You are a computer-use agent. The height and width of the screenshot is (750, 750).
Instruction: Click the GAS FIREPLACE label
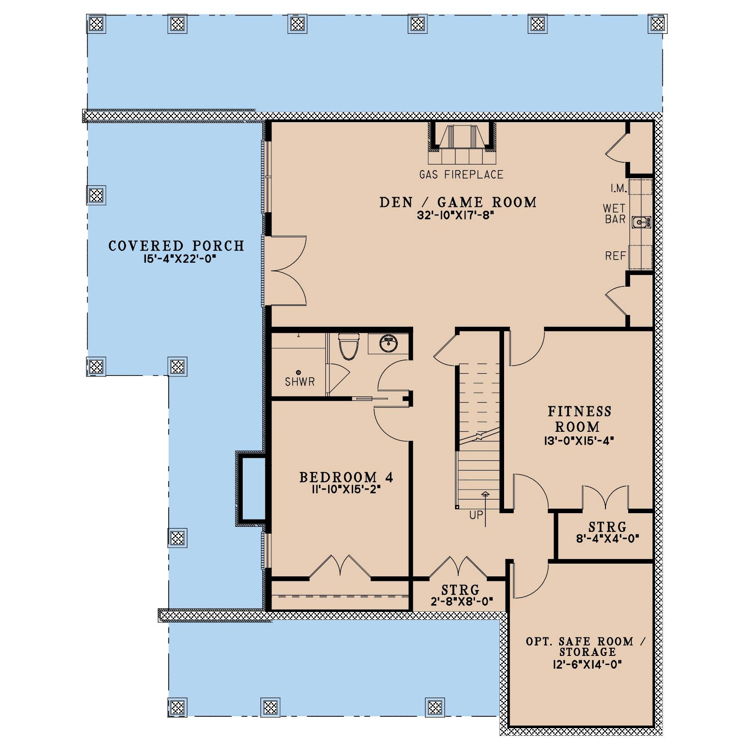pos(461,175)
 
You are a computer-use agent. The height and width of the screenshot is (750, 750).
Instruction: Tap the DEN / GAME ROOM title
pos(458,202)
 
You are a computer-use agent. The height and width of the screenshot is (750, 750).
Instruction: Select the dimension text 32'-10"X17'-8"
pos(455,215)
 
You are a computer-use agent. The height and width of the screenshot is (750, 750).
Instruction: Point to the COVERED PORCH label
pos(176,246)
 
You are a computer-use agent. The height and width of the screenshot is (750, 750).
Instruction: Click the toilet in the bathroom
pos(349,346)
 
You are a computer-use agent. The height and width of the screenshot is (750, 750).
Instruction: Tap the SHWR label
pos(300,382)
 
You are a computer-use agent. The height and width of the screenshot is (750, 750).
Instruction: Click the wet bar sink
pos(641,222)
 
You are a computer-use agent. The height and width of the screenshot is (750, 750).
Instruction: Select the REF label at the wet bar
pos(615,256)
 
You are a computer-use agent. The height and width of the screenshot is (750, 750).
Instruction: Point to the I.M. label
pos(619,188)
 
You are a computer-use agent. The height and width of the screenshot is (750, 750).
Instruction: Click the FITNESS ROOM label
pos(579,419)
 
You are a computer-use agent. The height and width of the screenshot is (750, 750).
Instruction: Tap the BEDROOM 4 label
pos(346,477)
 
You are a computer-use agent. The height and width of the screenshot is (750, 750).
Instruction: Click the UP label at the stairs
pos(476,515)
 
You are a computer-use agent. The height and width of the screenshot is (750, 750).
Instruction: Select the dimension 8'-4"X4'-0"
pos(607,539)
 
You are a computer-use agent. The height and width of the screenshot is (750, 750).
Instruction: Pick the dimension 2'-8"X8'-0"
pos(460,602)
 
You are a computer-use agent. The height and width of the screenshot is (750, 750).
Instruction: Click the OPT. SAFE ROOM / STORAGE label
pos(586,647)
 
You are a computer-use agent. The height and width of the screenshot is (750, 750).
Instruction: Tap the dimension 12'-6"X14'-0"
pos(586,664)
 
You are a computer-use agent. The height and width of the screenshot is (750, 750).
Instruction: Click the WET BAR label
pos(615,214)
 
